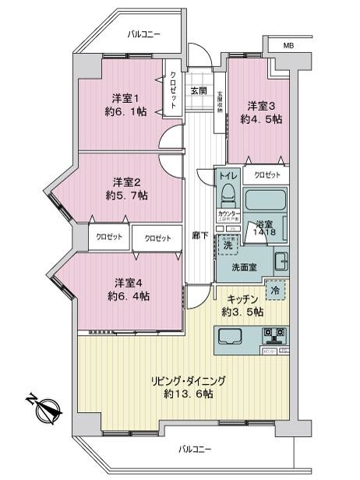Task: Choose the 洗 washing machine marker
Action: coord(228,245)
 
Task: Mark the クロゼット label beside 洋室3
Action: coord(267,175)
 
